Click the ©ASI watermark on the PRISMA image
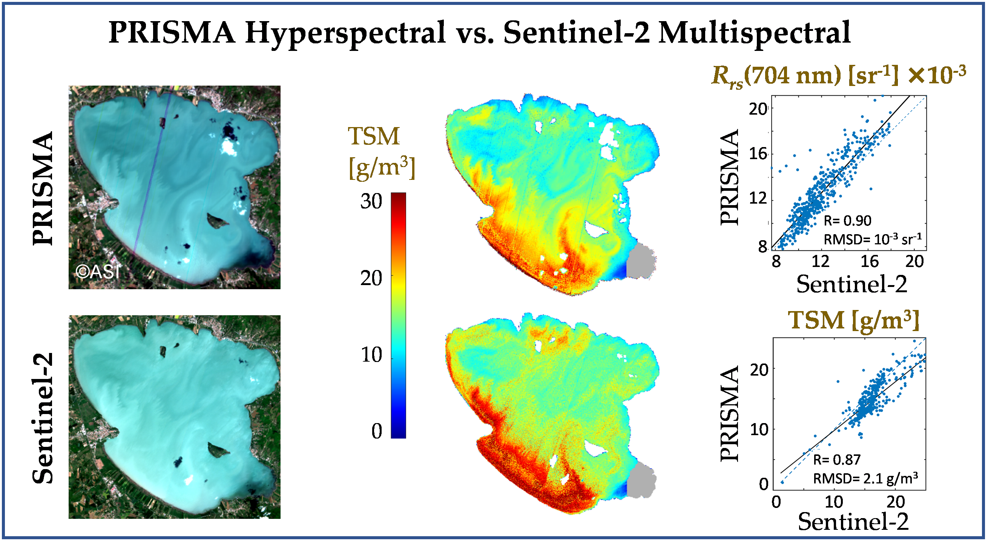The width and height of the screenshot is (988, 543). (x=98, y=272)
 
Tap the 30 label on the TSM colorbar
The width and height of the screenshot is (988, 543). (x=371, y=202)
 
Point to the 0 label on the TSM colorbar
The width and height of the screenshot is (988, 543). (x=377, y=431)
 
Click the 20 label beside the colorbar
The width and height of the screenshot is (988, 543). (x=371, y=278)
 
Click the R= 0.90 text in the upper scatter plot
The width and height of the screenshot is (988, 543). (x=847, y=221)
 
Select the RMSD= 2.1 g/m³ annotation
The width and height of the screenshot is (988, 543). (x=865, y=479)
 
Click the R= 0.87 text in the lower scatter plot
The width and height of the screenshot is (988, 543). (x=837, y=460)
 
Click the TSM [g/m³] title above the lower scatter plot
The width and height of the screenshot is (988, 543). (x=853, y=320)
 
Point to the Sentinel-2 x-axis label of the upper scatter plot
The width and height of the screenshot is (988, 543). (x=851, y=285)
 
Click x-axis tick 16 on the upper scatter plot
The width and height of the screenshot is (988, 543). (x=869, y=262)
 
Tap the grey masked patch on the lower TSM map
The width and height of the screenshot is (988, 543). (x=641, y=481)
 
